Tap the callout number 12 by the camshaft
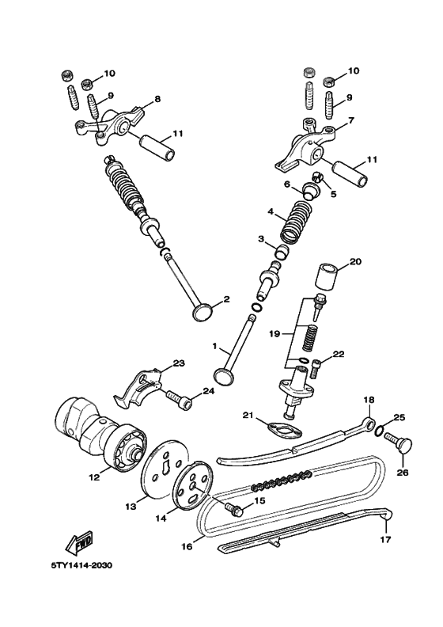click(x=94, y=478)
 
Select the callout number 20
click(x=355, y=261)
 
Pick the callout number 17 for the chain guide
click(x=386, y=541)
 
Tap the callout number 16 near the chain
click(x=187, y=545)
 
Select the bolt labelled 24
click(x=180, y=401)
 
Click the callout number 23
click(x=179, y=364)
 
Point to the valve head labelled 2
click(x=204, y=310)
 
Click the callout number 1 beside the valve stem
click(x=214, y=346)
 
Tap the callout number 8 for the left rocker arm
click(x=157, y=99)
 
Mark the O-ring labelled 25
click(x=383, y=432)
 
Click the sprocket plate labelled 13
click(x=163, y=476)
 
